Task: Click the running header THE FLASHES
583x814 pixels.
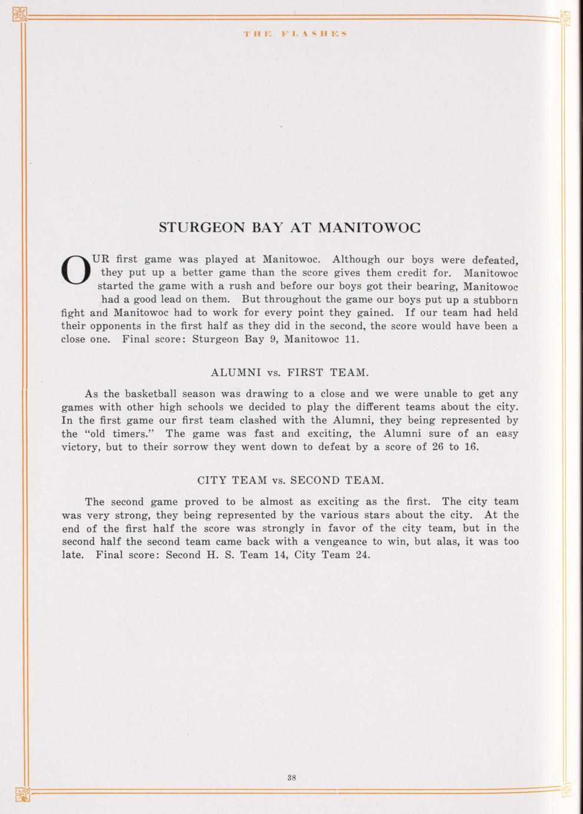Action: (x=294, y=33)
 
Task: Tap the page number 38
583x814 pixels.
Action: (x=291, y=777)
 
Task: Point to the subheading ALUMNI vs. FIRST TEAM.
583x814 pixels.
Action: (x=290, y=373)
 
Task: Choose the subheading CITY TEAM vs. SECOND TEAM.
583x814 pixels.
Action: (x=290, y=480)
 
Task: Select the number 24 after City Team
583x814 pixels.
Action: (x=363, y=555)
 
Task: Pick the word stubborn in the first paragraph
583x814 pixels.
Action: (x=494, y=300)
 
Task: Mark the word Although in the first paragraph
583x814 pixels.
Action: (x=356, y=260)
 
